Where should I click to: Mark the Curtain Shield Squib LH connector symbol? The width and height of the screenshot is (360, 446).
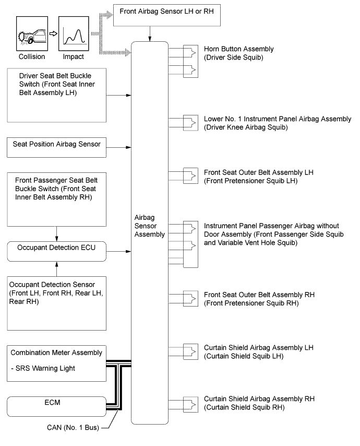(x=190, y=351)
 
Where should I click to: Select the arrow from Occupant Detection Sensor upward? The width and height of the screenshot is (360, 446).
(x=56, y=269)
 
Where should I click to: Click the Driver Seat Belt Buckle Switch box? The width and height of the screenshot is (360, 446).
(x=58, y=95)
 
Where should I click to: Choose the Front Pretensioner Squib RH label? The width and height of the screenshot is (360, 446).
(x=259, y=299)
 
